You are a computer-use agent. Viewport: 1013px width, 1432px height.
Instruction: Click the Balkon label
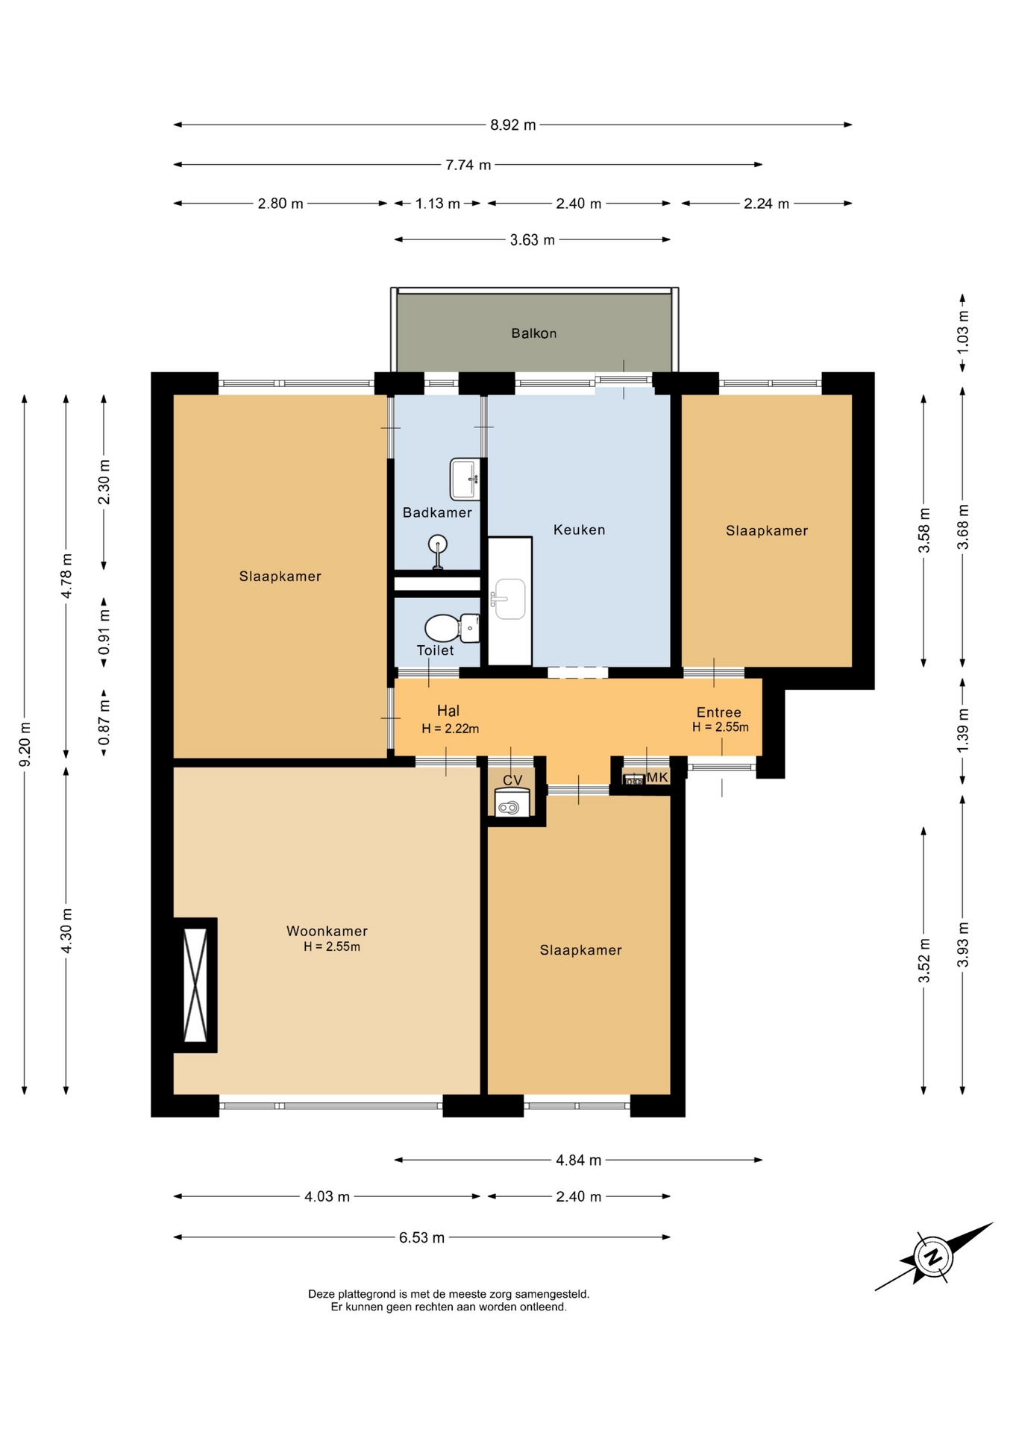pyautogui.click(x=533, y=333)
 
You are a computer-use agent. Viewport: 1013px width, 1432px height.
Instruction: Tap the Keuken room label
pyautogui.click(x=579, y=530)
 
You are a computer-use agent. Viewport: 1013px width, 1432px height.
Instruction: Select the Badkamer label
pyautogui.click(x=437, y=512)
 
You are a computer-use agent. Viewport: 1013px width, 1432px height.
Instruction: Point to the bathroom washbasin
pyautogui.click(x=464, y=479)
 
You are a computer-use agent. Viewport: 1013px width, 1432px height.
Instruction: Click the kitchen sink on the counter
pyautogui.click(x=508, y=599)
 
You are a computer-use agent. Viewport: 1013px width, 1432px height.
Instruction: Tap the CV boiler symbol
pyautogui.click(x=512, y=803)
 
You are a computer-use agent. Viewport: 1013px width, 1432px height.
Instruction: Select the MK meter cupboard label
pyautogui.click(x=657, y=777)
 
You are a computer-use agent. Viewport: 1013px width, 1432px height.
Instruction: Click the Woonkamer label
pyautogui.click(x=327, y=931)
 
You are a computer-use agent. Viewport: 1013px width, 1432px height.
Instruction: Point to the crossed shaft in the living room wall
pyautogui.click(x=195, y=984)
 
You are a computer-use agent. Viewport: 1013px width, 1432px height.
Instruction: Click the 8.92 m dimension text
pyautogui.click(x=513, y=125)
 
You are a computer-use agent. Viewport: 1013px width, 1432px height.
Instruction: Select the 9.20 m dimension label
pyautogui.click(x=25, y=744)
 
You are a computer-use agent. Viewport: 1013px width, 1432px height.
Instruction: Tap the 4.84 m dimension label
pyautogui.click(x=578, y=1160)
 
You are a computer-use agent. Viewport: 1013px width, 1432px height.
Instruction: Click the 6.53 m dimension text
pyautogui.click(x=421, y=1238)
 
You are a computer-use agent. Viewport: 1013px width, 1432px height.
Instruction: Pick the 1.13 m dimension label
pyautogui.click(x=438, y=204)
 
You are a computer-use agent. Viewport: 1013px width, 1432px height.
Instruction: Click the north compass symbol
pyautogui.click(x=933, y=1257)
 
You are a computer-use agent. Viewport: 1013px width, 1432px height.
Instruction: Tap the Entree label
pyautogui.click(x=719, y=712)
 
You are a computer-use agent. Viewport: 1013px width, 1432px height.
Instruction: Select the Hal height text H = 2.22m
pyautogui.click(x=451, y=729)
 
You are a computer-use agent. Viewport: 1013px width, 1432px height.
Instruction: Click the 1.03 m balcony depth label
pyautogui.click(x=963, y=330)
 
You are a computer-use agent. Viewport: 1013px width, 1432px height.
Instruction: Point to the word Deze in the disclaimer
pyautogui.click(x=322, y=1294)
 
